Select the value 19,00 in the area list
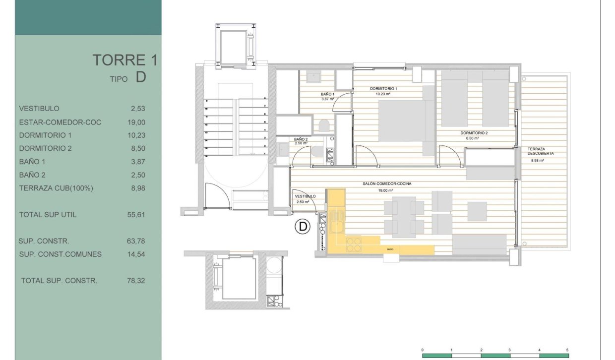136,122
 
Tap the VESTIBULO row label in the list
39,109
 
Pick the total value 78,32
136,281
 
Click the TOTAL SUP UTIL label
48,215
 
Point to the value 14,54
136,254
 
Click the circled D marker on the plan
302,227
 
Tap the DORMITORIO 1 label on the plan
383,89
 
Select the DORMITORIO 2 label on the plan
474,133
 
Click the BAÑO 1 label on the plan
328,94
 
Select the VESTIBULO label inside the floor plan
302,196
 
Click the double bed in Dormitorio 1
401,121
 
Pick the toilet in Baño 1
324,125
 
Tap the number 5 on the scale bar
567,350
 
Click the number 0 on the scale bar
422,350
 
